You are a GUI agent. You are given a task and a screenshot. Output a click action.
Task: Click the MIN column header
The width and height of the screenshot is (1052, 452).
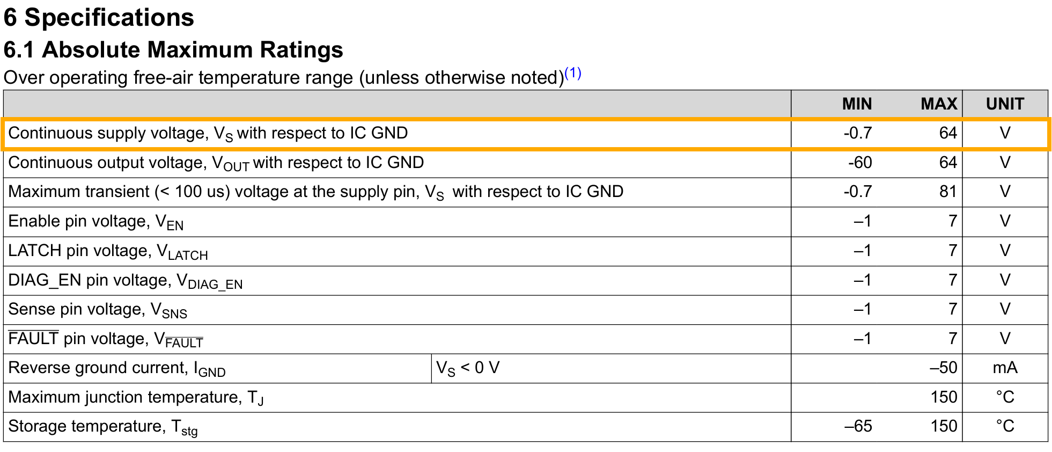pyautogui.click(x=857, y=104)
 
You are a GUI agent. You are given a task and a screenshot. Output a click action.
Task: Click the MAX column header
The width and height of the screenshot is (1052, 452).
pyautogui.click(x=939, y=104)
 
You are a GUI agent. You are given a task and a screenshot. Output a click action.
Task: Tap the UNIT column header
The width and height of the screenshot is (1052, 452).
pyautogui.click(x=1005, y=104)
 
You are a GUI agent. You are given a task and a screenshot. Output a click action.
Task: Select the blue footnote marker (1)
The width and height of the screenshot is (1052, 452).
pyautogui.click(x=573, y=72)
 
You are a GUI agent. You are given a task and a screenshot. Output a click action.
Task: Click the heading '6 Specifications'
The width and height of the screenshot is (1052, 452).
pyautogui.click(x=99, y=18)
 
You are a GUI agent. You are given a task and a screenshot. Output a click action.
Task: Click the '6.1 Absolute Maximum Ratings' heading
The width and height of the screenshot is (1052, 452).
pyautogui.click(x=173, y=49)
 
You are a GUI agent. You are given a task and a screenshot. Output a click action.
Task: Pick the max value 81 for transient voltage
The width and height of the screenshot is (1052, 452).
pyautogui.click(x=948, y=192)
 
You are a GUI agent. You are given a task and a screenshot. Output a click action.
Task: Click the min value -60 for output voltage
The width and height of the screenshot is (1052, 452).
pyautogui.click(x=860, y=162)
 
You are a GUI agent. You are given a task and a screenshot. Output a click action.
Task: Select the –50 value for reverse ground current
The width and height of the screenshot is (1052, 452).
pyautogui.click(x=944, y=367)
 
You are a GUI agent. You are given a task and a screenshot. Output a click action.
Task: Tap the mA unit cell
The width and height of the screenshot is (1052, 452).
pyautogui.click(x=1005, y=367)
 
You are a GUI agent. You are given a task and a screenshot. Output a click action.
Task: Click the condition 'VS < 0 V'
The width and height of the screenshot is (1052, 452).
pyautogui.click(x=468, y=368)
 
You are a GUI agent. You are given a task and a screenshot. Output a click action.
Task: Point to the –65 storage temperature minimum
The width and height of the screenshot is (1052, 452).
pyautogui.click(x=858, y=426)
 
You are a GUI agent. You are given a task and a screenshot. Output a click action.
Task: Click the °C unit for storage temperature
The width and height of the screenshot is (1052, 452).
pyautogui.click(x=1005, y=426)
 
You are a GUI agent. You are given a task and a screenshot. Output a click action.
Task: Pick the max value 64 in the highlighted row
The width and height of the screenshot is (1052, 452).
pyautogui.click(x=948, y=133)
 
